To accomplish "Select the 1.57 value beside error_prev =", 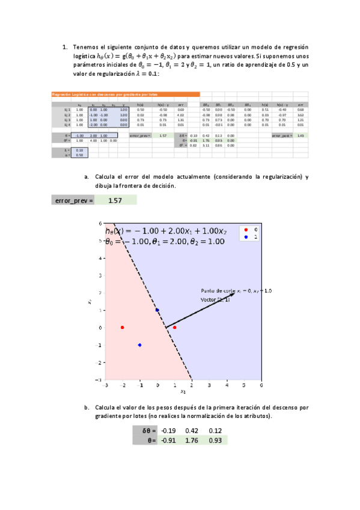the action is (115, 200).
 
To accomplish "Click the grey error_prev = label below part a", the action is (74, 200).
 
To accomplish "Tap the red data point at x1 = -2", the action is (123, 327).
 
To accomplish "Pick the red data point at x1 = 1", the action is (175, 327).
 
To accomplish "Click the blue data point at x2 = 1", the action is (157, 310).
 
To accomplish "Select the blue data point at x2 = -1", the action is (140, 345).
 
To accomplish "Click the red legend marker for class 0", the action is (244, 229).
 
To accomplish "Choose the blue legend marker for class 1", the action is (244, 238).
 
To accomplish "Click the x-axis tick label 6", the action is (261, 385).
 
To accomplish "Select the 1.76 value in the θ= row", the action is (192, 440).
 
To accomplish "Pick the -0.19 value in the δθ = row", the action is (170, 431).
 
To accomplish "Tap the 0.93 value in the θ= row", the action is (215, 440).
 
